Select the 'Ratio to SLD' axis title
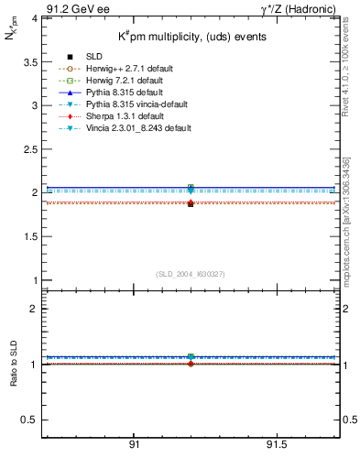13,377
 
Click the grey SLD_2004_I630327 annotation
190,273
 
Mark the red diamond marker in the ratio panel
191,364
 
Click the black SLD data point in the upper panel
191,203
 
